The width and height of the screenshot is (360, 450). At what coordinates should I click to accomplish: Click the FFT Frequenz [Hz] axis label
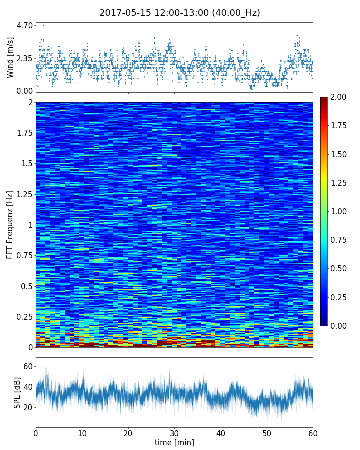(x=10, y=224)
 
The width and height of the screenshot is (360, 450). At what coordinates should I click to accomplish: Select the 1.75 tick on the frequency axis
(x=24, y=133)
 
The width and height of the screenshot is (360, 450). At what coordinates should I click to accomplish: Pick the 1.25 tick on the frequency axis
(x=24, y=194)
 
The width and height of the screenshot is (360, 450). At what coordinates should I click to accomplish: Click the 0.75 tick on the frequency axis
(x=24, y=256)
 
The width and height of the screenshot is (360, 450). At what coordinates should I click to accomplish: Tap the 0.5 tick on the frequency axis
(x=26, y=286)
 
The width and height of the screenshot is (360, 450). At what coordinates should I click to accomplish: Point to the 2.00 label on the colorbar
(x=338, y=97)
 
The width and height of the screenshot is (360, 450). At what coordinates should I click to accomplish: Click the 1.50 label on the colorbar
(x=338, y=154)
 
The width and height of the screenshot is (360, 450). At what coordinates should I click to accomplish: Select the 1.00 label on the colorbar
(x=338, y=211)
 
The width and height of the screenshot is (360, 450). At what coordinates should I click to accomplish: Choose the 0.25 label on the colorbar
(x=338, y=297)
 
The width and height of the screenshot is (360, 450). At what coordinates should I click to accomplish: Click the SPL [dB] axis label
(x=17, y=392)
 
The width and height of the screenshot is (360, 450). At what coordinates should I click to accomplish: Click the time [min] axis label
(x=174, y=442)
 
